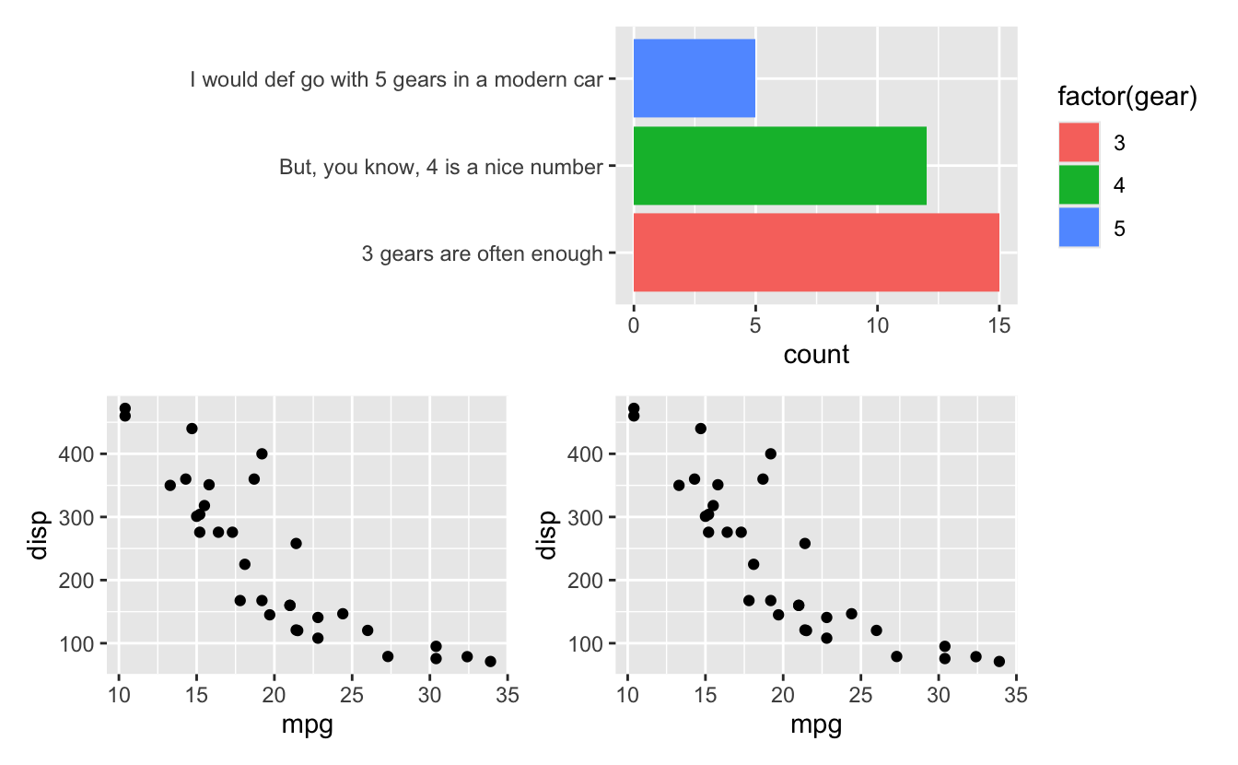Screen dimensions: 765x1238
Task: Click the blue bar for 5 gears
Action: pos(695,78)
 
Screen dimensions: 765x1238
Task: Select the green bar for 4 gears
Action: pos(779,166)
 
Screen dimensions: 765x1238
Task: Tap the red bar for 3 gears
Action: pos(816,253)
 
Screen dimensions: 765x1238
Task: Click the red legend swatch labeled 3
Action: pos(1079,144)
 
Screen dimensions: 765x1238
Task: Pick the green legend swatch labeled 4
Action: pos(1079,186)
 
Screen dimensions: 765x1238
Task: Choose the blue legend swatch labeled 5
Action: pos(1079,229)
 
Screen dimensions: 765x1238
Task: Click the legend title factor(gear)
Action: pos(1127,97)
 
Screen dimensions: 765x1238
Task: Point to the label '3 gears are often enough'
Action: pos(482,253)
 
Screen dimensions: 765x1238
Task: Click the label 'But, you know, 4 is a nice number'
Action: pos(441,168)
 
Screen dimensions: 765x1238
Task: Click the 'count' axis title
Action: pos(816,355)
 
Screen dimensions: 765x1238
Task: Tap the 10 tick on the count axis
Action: pos(877,325)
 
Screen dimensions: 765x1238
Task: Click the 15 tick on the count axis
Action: pos(999,325)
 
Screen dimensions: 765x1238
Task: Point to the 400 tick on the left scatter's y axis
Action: pos(81,454)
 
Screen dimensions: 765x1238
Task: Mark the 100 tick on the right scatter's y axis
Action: pos(590,643)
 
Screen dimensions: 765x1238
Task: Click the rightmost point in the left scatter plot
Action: pos(490,661)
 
